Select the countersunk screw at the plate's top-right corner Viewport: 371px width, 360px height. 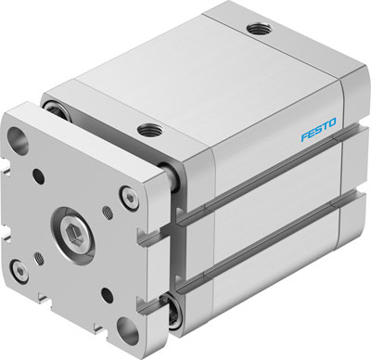click(x=127, y=195)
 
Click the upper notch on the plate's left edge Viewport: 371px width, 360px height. click(x=7, y=186)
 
